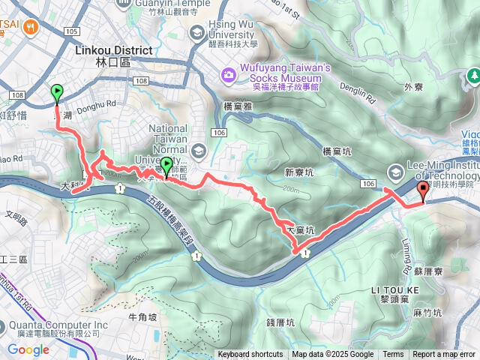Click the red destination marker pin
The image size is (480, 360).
coord(422,190)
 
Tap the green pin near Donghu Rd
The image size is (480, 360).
coord(57,93)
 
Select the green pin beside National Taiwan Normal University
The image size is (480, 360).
coord(166,165)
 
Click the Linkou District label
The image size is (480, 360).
coord(114,50)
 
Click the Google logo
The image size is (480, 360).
coord(28,349)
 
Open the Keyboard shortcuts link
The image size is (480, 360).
coord(250,355)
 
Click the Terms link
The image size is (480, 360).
coord(393,355)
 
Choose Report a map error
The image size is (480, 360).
coord(443,355)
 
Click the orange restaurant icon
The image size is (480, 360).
coord(31,27)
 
